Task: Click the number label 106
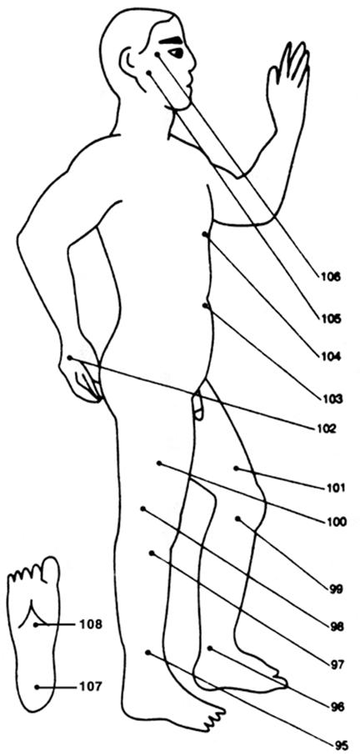(x=330, y=278)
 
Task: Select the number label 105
(x=330, y=318)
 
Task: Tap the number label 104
(x=330, y=357)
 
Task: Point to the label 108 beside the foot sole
(x=91, y=624)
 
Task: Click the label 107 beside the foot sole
(x=91, y=687)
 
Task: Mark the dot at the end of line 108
(x=36, y=624)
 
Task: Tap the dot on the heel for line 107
(x=37, y=687)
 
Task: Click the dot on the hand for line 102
(x=70, y=358)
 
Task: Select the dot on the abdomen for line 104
(x=205, y=234)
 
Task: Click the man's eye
(x=176, y=52)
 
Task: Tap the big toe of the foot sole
(x=51, y=568)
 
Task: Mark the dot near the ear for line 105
(x=149, y=73)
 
